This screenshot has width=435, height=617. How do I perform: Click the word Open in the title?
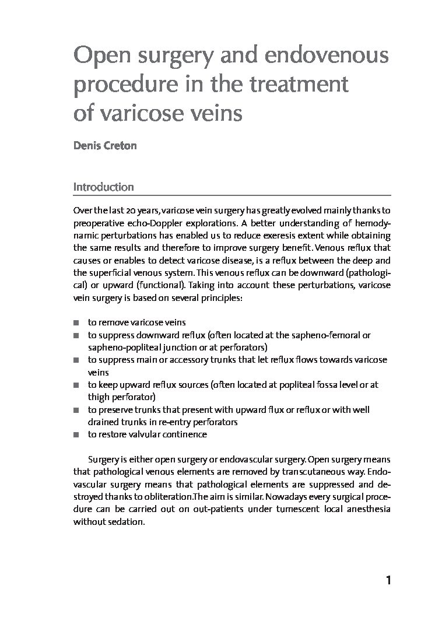pos(96,58)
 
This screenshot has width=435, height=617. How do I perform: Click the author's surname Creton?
pos(120,145)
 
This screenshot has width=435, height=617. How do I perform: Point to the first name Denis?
pos(86,145)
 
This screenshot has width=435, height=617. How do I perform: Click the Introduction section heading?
pos(103,187)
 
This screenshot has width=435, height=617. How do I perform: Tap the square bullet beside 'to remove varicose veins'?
pos(76,322)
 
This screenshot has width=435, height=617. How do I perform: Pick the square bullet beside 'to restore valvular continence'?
pos(76,435)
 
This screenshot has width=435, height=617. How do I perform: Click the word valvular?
pos(143,434)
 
